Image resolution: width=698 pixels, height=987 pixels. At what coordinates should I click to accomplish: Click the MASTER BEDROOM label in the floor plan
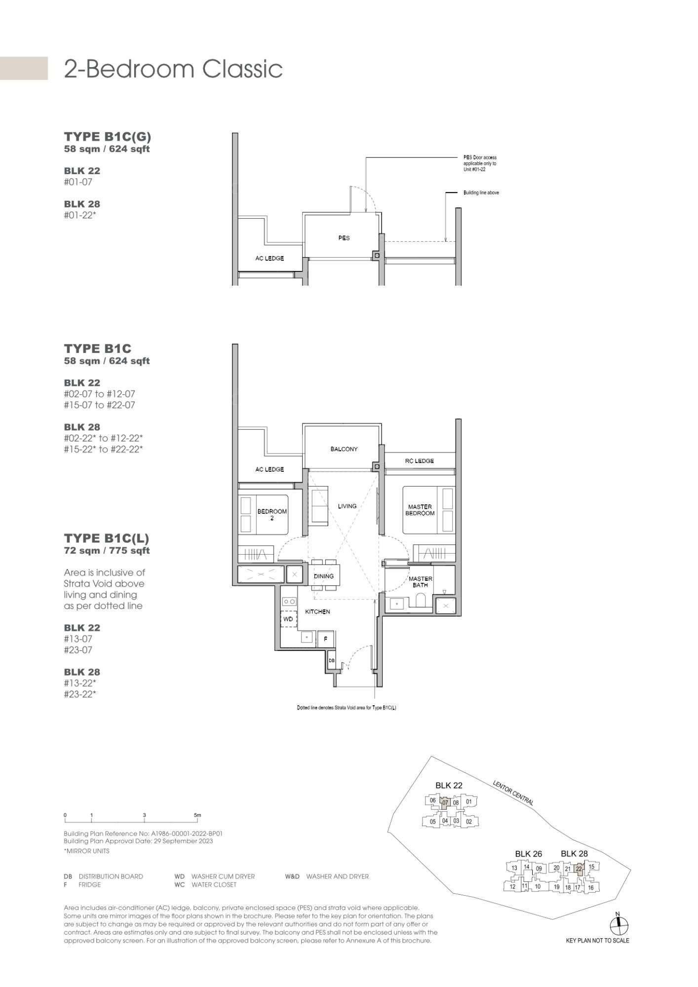(x=420, y=510)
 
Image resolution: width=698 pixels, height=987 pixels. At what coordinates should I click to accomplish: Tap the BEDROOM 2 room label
(x=272, y=515)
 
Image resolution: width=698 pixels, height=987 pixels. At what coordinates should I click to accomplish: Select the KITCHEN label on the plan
(x=317, y=611)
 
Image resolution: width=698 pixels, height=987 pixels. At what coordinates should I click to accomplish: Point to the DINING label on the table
(x=324, y=576)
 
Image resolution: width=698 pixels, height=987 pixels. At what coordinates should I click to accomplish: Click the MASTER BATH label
(x=421, y=582)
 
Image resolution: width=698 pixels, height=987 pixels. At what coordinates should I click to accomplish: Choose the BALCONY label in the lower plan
(x=344, y=449)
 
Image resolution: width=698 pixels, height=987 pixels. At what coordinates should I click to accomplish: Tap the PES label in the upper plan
(x=344, y=238)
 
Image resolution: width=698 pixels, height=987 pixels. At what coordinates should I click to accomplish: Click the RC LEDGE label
(x=420, y=461)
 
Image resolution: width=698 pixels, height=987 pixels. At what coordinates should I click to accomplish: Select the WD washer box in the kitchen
(x=288, y=619)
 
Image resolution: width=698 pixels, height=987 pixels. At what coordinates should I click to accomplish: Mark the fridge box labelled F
(x=325, y=639)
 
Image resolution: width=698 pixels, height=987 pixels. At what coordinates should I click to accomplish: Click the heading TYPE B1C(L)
(x=107, y=538)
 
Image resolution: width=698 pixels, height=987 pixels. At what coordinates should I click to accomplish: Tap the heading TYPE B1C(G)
(x=108, y=137)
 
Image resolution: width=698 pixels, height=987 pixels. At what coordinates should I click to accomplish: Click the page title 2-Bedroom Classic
(x=173, y=69)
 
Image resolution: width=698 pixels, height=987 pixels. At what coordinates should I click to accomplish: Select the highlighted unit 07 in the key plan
(x=445, y=802)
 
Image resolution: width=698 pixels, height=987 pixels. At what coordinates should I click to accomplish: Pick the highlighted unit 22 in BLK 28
(x=579, y=869)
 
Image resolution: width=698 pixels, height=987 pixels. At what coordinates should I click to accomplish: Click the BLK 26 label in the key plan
(x=529, y=854)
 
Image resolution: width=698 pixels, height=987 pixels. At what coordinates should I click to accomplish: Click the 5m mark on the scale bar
(x=197, y=815)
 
